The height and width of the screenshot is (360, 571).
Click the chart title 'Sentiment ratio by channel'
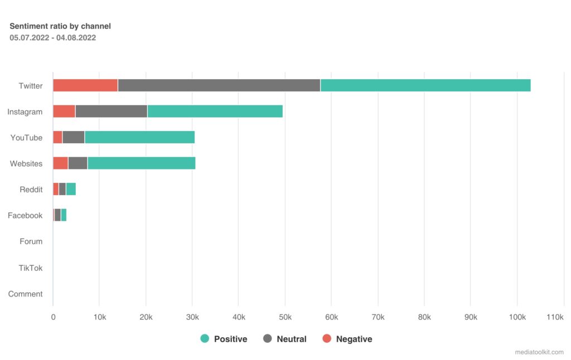(x=60, y=26)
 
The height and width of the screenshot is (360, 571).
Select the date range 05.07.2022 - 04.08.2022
(x=53, y=38)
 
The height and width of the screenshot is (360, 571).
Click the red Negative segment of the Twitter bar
(x=85, y=85)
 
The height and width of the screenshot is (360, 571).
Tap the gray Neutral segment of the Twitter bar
(x=219, y=85)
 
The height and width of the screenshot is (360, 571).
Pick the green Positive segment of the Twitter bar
(x=425, y=85)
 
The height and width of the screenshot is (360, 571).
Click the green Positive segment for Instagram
(x=215, y=111)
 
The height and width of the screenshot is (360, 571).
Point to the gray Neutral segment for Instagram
(x=112, y=111)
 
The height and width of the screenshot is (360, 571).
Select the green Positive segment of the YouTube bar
(x=140, y=137)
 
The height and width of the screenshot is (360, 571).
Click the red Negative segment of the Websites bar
(x=61, y=163)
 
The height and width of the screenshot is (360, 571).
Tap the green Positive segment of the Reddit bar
(x=71, y=189)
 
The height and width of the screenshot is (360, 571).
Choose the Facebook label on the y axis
(x=25, y=216)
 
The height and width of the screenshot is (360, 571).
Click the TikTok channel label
(x=31, y=268)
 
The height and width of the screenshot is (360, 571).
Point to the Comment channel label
(x=26, y=294)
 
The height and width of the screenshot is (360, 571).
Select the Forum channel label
(x=31, y=242)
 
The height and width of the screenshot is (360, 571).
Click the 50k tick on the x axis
(x=284, y=317)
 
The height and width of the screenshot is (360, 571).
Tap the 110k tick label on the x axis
(x=555, y=317)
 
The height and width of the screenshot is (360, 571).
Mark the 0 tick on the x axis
(x=54, y=317)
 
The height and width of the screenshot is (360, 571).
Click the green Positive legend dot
(x=205, y=339)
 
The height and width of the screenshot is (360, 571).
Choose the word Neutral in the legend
(x=292, y=339)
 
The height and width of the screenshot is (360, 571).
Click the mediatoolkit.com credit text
(x=540, y=352)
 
